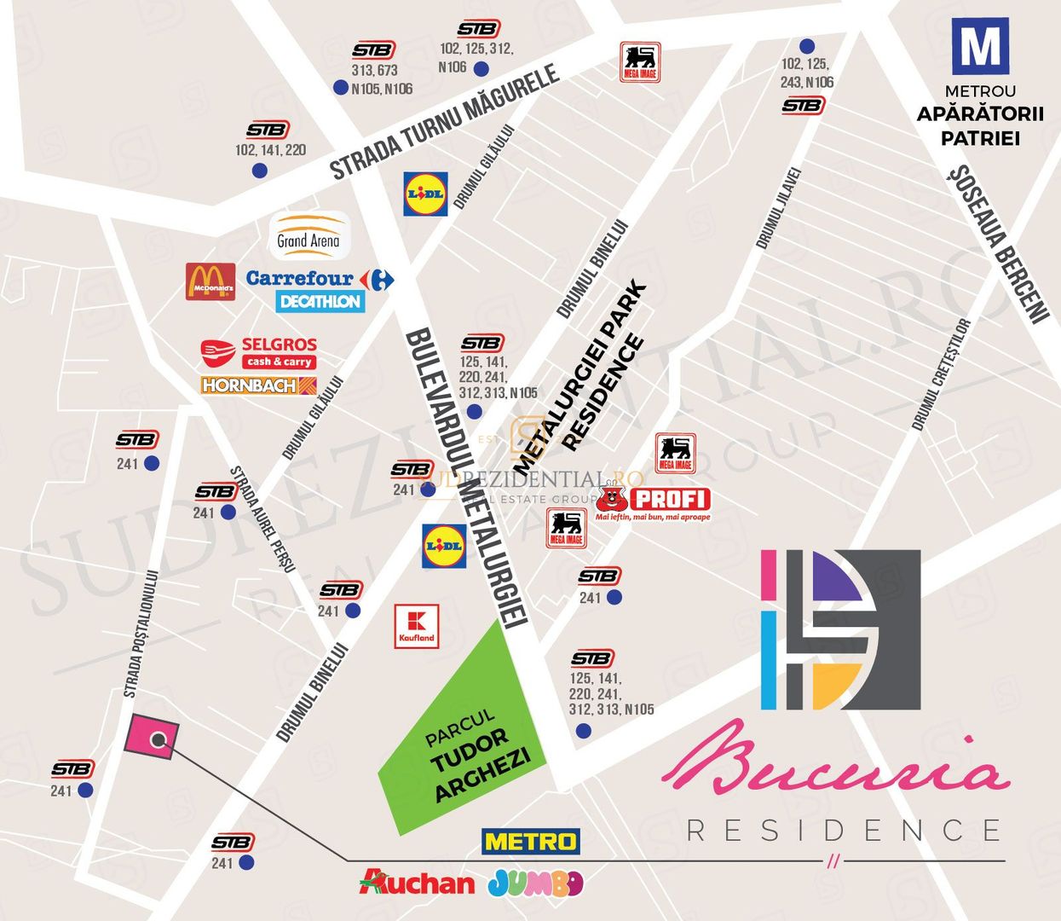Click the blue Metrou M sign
point(979,48)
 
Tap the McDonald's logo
point(210,281)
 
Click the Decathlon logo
point(320,302)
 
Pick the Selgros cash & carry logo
point(259,352)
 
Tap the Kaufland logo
point(417,627)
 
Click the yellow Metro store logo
point(531,842)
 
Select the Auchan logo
point(418,883)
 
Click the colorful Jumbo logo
point(535,883)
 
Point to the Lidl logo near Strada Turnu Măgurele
point(425,194)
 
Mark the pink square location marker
point(152,737)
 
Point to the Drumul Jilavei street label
point(779,208)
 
